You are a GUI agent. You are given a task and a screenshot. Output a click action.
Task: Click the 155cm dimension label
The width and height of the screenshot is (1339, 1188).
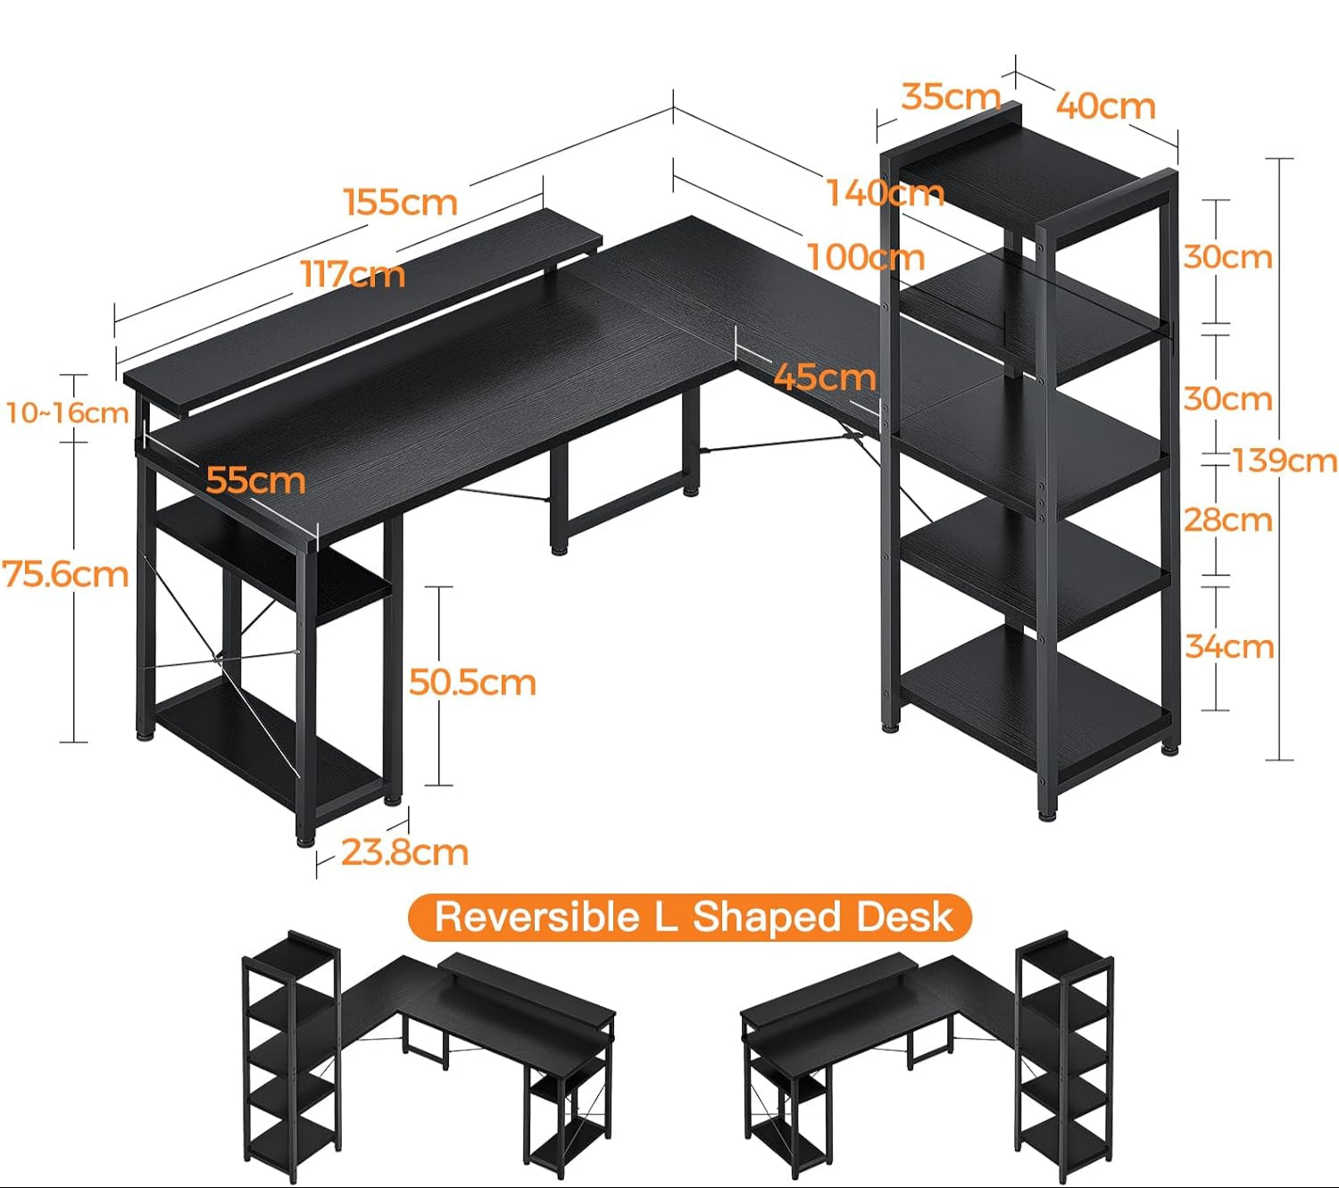click(401, 203)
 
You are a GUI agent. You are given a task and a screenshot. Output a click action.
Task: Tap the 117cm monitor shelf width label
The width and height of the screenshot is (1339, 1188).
click(353, 274)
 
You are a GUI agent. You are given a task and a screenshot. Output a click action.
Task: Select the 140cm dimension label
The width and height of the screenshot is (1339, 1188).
click(885, 193)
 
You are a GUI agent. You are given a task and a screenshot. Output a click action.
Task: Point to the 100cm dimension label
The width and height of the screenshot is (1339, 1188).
click(866, 258)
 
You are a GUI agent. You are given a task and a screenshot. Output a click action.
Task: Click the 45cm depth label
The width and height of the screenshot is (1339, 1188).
click(824, 377)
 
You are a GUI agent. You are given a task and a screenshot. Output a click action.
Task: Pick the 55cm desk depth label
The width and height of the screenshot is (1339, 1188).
click(255, 480)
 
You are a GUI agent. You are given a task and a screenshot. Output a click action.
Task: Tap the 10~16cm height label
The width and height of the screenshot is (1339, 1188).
click(67, 413)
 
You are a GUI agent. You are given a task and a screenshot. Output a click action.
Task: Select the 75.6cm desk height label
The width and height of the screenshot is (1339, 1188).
click(66, 574)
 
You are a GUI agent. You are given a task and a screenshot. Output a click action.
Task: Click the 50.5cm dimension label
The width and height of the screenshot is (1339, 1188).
click(472, 683)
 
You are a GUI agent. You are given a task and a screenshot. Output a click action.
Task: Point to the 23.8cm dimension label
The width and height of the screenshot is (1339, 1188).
click(404, 852)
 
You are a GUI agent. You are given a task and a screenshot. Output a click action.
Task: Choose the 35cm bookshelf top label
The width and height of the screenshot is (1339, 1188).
click(950, 96)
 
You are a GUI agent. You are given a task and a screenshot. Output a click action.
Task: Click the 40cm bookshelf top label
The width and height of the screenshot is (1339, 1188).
click(1105, 106)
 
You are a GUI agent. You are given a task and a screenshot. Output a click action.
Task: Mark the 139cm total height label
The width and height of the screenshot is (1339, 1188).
click(1285, 461)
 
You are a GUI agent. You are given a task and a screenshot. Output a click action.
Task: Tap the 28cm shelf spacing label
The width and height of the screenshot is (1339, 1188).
click(1228, 519)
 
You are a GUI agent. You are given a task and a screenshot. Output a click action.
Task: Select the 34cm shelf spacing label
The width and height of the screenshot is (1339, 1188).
click(1229, 646)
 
